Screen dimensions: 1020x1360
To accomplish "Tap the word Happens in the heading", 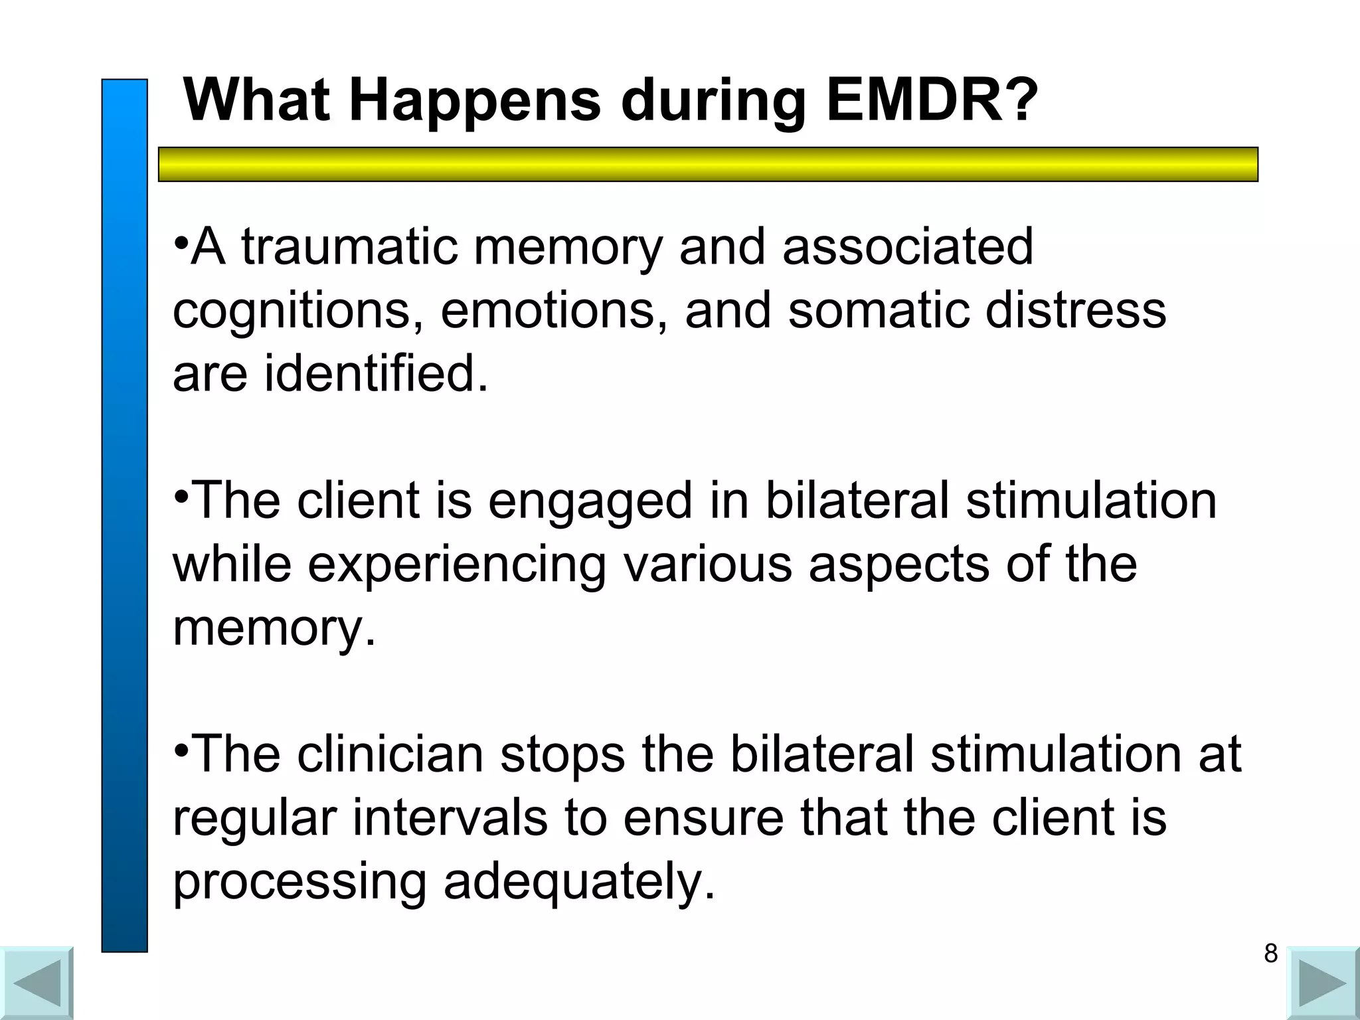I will [x=474, y=101].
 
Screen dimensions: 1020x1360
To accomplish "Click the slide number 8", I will [x=1270, y=954].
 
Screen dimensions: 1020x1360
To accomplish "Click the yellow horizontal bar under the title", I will [x=708, y=164].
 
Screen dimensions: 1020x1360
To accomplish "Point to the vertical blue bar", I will [x=124, y=515].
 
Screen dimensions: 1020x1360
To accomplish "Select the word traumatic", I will [x=349, y=246].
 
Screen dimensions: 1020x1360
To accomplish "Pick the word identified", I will [x=376, y=373].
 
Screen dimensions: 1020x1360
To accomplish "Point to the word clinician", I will [x=390, y=754].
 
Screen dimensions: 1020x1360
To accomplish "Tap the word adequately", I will [x=579, y=882].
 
